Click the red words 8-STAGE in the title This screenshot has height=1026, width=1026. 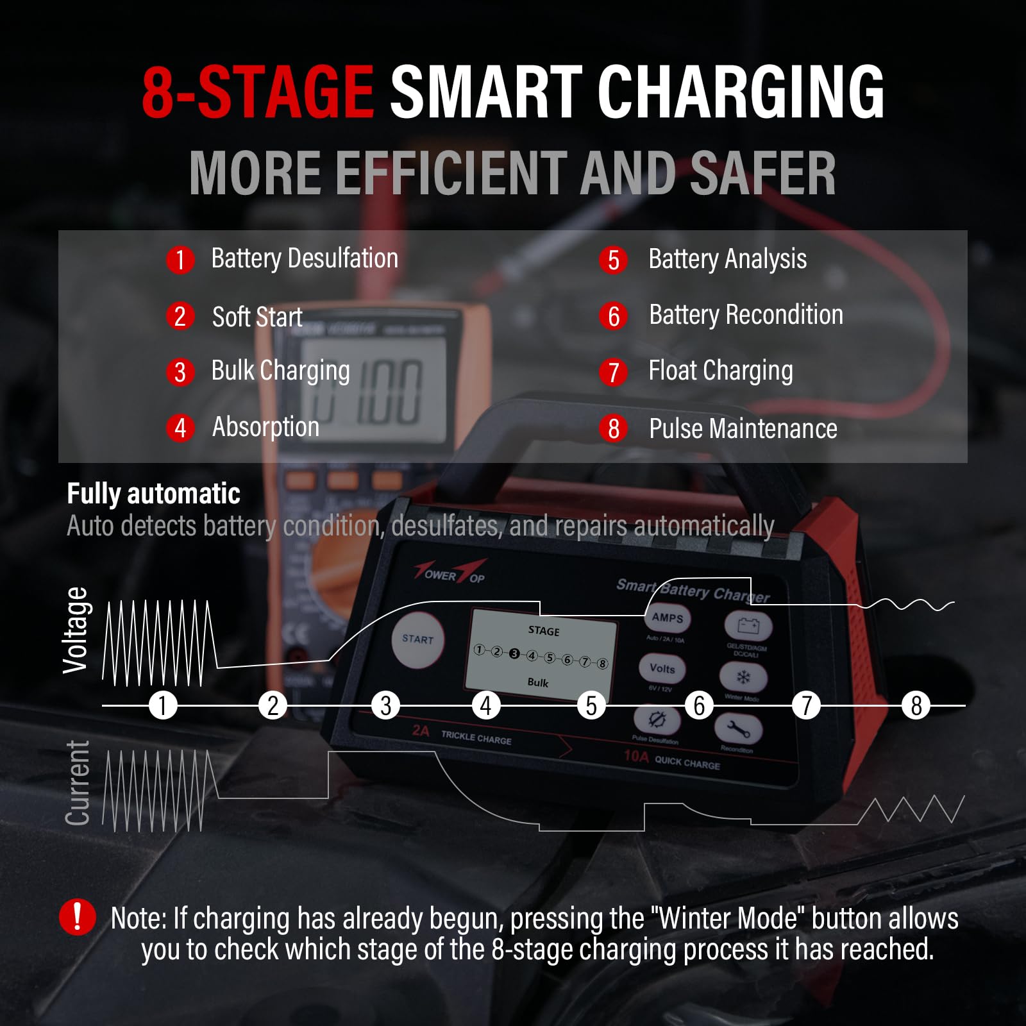coord(257,93)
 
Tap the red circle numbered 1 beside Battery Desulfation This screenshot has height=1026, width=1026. coord(180,260)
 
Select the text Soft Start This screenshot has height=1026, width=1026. coord(257,317)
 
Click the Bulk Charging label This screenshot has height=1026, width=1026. coord(280,371)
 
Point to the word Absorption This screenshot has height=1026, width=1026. coord(265,427)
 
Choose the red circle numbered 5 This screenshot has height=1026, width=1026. coord(614,260)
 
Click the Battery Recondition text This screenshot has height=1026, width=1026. coord(746,315)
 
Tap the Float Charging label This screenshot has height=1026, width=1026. coord(721,371)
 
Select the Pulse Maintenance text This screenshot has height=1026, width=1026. coord(743,428)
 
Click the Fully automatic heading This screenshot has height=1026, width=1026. coord(154,494)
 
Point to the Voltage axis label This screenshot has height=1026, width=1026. coord(75,630)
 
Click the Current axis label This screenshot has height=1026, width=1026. coord(77,783)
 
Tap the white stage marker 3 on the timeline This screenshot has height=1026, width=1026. coord(385,705)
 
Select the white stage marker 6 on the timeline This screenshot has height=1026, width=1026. coord(699,705)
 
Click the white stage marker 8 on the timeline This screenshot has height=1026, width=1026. coord(916,705)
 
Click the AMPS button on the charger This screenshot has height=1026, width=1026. coord(667,618)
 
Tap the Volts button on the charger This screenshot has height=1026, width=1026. coord(662,669)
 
